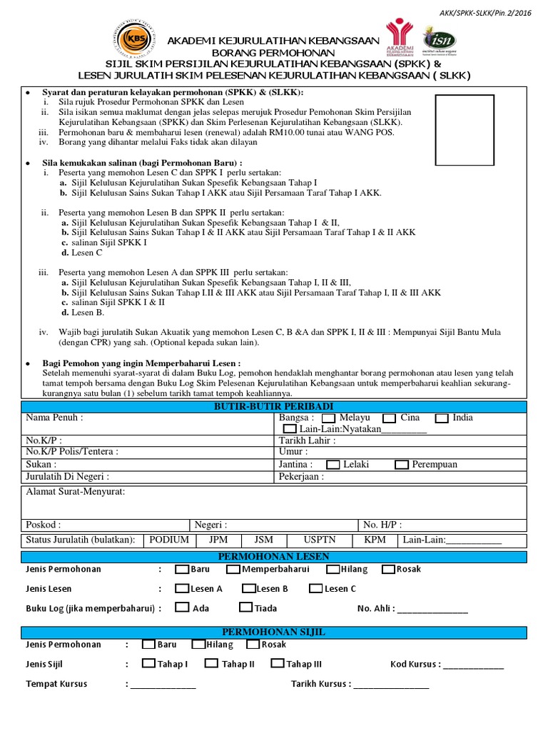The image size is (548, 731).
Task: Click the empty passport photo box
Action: tap(464, 130)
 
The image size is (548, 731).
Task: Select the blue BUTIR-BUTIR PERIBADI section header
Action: tap(273, 406)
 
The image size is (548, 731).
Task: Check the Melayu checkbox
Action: tap(329, 418)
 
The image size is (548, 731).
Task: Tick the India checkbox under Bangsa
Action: tap(442, 418)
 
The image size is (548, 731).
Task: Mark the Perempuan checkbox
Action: tap(401, 465)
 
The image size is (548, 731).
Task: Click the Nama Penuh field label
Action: tap(54, 418)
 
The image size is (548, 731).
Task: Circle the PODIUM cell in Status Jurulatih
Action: tap(169, 540)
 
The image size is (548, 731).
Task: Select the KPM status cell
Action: tap(375, 540)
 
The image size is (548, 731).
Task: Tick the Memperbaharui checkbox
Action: tap(233, 570)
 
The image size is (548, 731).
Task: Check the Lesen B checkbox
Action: tap(248, 589)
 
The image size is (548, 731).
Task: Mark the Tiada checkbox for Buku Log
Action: tap(246, 608)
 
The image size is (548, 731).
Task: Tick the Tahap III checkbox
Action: tap(278, 663)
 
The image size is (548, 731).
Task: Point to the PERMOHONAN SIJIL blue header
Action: tap(273, 632)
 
